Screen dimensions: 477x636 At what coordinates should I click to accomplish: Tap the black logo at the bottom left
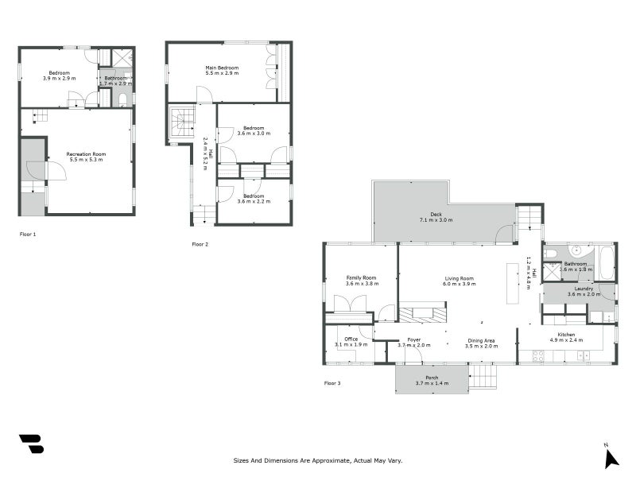[x=31, y=444]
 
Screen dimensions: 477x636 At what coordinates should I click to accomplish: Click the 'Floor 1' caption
[x=28, y=235]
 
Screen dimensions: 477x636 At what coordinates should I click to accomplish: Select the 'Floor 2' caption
[x=200, y=244]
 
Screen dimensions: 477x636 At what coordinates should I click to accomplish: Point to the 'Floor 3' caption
[x=332, y=383]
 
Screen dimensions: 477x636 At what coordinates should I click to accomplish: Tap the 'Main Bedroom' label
[x=222, y=68]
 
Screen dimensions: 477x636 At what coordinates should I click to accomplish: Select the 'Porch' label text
[x=432, y=378]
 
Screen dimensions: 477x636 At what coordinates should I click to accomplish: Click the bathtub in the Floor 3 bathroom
[x=606, y=262]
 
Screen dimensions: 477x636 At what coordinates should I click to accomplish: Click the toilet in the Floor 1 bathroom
[x=122, y=99]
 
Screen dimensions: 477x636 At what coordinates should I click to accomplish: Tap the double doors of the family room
[x=349, y=304]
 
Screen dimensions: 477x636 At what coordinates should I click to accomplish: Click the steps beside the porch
[x=483, y=377]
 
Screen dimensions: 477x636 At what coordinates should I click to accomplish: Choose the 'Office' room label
[x=351, y=339]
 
